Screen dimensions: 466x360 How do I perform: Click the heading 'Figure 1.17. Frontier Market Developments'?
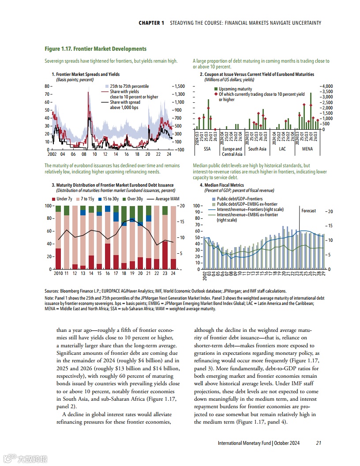pos(95,49)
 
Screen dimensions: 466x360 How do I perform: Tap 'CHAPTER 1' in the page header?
pos(151,23)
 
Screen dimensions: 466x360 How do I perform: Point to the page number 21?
pos(319,443)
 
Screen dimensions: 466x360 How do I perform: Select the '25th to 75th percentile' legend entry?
pos(129,86)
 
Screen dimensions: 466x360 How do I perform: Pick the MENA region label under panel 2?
pos(307,149)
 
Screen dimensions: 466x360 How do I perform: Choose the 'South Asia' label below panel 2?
pos(257,149)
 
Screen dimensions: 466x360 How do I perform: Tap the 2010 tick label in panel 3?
pos(58,274)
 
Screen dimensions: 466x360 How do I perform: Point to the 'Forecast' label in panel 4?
pos(308,211)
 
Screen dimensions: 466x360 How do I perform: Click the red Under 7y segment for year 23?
pos(165,255)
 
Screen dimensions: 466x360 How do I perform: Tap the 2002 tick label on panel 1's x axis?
pos(52,155)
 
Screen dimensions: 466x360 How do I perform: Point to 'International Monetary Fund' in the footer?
pos(244,443)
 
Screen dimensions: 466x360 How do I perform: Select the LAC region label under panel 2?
pos(282,149)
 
